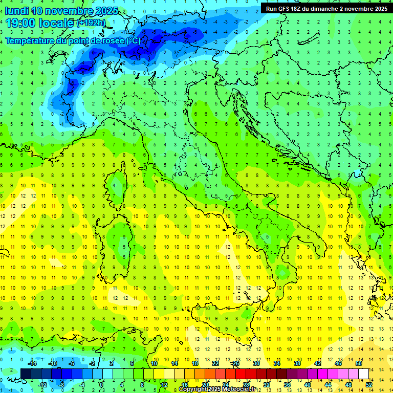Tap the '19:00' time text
[x=20, y=23]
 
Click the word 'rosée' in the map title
[x=109, y=40]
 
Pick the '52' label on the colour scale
[x=368, y=385]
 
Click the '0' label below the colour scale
[x=101, y=385]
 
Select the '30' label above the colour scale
[x=256, y=363]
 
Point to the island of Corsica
[x=119, y=182]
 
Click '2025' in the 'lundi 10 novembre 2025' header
[x=106, y=11]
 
